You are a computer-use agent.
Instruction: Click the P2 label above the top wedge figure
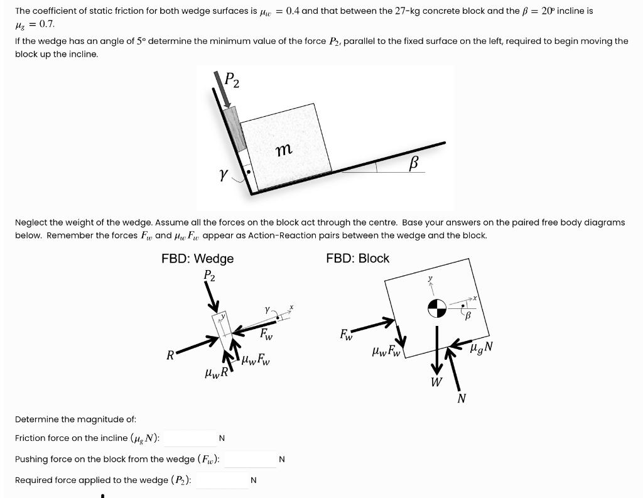(x=231, y=80)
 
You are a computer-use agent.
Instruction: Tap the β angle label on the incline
(x=413, y=163)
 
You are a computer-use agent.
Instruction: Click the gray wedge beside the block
(x=234, y=129)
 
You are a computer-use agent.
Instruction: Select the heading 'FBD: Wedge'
(x=197, y=259)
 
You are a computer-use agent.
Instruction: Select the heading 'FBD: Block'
(x=357, y=259)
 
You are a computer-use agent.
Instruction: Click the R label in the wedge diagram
(x=170, y=355)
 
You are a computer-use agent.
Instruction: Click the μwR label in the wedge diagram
(x=216, y=374)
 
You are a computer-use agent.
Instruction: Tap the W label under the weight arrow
(x=436, y=382)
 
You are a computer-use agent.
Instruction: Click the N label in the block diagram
(x=462, y=398)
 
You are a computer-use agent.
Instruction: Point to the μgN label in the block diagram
(x=482, y=346)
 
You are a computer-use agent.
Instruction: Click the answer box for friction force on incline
(x=190, y=438)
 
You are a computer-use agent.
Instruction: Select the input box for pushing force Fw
(x=250, y=459)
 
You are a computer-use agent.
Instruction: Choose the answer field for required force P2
(x=222, y=480)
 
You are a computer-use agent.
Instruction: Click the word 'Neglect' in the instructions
(x=30, y=222)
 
